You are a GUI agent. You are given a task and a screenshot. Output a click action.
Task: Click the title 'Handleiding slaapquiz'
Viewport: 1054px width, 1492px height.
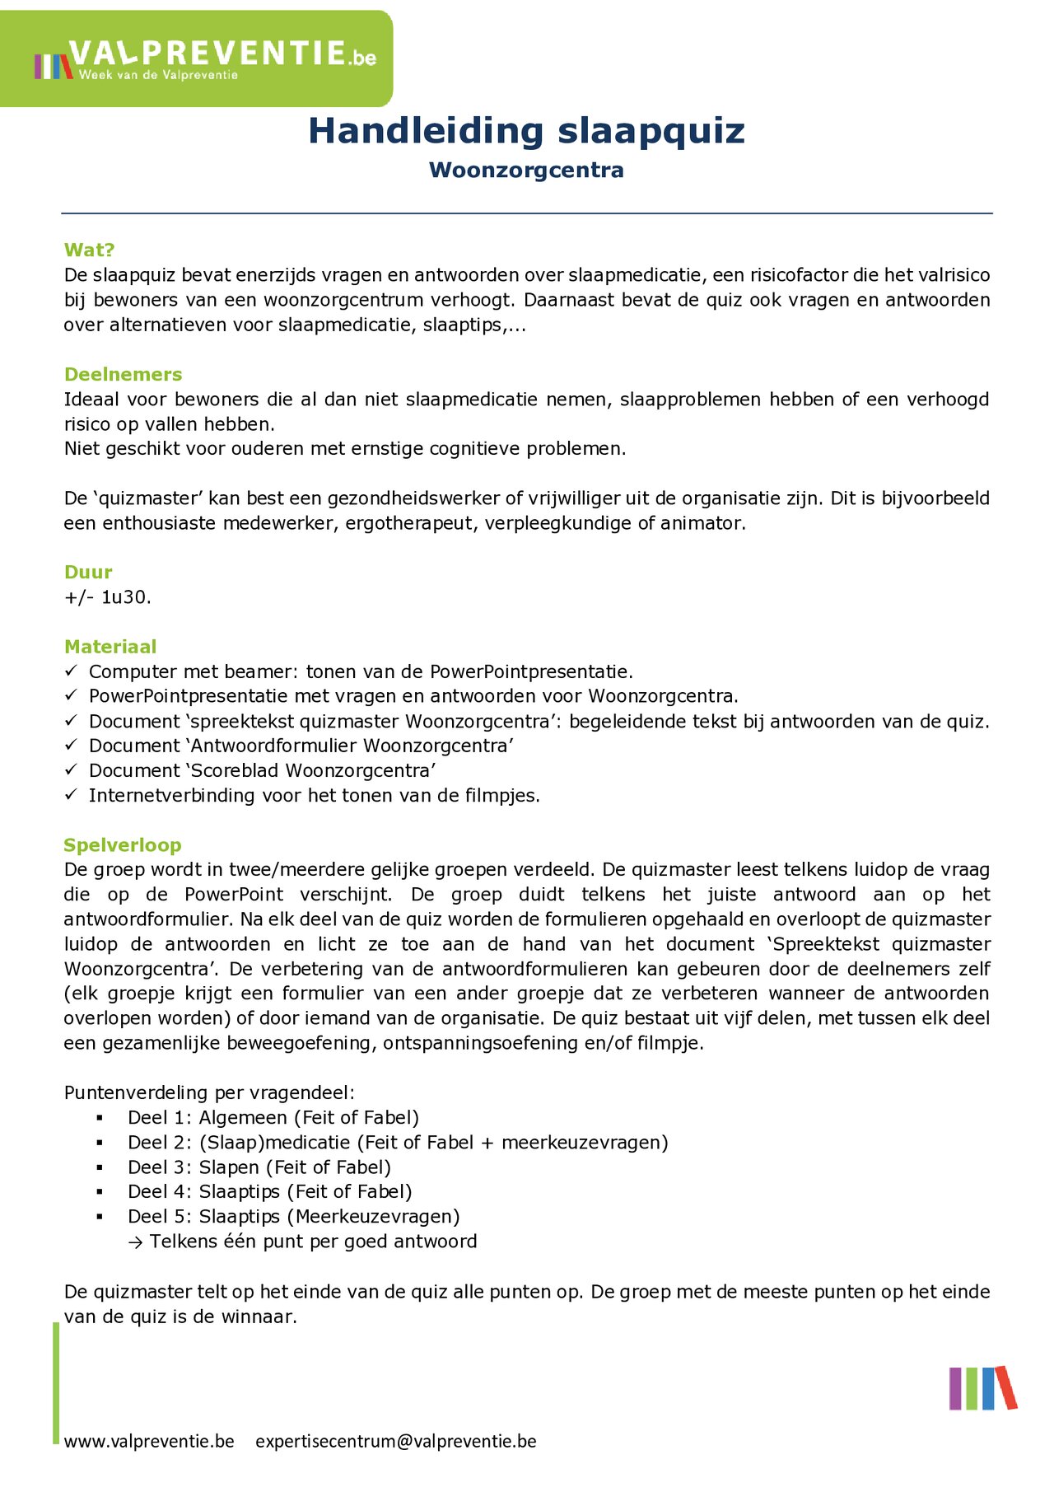pos(526,131)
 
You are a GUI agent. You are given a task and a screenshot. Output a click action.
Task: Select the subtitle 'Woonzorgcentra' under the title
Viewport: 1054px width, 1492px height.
pos(526,171)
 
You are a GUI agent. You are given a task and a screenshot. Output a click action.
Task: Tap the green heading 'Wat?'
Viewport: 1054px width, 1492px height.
pos(89,250)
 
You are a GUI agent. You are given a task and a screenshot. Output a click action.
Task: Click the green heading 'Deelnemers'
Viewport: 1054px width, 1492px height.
pos(123,375)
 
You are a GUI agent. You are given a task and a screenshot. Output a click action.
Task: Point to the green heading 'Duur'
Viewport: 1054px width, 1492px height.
pos(88,573)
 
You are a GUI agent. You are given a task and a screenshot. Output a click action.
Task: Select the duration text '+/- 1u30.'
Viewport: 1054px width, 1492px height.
pos(107,597)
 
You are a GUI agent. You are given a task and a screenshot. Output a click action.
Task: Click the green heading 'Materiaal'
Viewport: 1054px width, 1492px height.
pos(110,647)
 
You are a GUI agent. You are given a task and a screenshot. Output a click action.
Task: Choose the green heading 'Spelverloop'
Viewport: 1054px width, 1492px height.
pos(122,845)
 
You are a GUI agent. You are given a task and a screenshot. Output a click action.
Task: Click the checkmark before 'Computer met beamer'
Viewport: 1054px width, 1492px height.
pos(72,671)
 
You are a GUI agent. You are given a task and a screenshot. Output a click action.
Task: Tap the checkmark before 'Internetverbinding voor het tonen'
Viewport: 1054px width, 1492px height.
pos(72,795)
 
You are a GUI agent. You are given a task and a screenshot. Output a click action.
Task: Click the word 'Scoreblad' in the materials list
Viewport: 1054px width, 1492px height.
pos(234,771)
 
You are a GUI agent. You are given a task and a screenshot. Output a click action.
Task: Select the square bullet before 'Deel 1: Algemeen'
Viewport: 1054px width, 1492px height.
pos(100,1118)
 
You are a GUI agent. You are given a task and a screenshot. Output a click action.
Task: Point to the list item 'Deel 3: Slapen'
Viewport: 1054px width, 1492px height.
pos(259,1167)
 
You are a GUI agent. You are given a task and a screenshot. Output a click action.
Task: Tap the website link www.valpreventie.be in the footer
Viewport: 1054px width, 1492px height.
pos(149,1442)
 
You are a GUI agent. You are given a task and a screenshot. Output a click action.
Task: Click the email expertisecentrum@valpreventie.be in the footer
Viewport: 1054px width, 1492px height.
pos(395,1442)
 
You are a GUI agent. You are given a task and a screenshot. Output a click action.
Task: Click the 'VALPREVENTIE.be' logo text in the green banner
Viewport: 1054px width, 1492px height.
pos(222,54)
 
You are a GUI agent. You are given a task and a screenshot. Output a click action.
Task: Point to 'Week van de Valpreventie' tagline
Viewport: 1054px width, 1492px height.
pos(158,76)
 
